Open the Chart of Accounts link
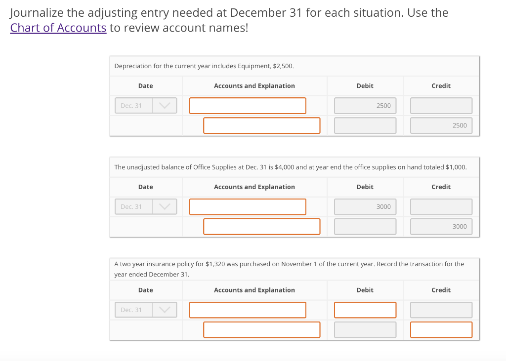58,28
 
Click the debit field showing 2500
365,106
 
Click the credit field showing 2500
441,125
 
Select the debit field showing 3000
365,207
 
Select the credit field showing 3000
441,227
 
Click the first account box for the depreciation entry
248,106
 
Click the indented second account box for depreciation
261,125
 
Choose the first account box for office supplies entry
248,207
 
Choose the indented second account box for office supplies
261,227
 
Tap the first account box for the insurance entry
248,310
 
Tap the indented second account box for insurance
261,330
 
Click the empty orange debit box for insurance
365,310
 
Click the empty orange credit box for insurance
441,330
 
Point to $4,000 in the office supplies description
284,167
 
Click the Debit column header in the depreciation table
365,86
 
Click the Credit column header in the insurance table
441,290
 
